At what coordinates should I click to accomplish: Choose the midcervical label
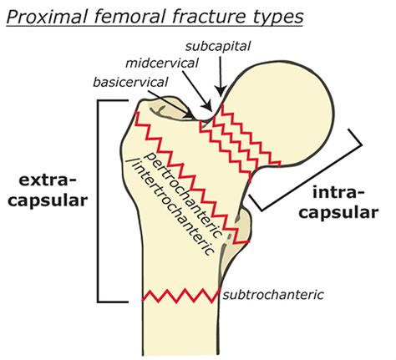[162, 63]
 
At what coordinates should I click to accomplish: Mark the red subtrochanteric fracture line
[180, 296]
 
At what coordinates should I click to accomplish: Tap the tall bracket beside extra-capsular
[101, 200]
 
